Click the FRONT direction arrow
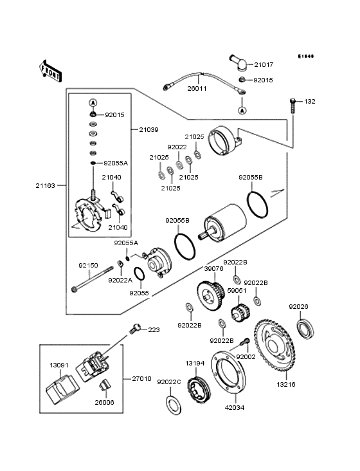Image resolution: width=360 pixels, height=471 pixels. click(50, 71)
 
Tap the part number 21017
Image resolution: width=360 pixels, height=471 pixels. click(264, 64)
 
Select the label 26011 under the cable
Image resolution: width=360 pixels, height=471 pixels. click(197, 89)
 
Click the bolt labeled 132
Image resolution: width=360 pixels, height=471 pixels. click(292, 106)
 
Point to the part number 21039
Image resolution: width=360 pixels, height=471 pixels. click(148, 130)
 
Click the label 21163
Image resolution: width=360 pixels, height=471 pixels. click(46, 186)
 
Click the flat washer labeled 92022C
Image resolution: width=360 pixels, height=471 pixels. click(174, 405)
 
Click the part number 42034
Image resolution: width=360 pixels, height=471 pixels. click(235, 407)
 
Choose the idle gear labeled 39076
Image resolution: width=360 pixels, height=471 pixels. click(211, 295)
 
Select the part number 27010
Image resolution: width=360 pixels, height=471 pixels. click(141, 379)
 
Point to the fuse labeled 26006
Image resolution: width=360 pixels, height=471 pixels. click(104, 385)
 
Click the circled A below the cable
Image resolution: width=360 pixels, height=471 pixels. click(242, 111)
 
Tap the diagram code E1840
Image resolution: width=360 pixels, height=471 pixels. click(306, 56)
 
